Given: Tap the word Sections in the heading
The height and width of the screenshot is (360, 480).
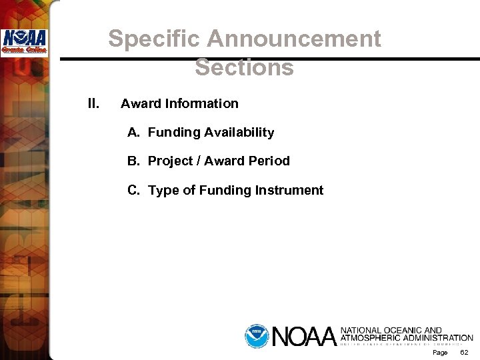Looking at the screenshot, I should [245, 67].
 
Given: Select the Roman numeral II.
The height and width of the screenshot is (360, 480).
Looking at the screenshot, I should [93, 103].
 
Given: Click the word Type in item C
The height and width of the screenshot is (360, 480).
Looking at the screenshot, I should [164, 191].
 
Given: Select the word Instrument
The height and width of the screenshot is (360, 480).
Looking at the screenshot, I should [289, 191].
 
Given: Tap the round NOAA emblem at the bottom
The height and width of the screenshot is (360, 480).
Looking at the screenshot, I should [256, 335].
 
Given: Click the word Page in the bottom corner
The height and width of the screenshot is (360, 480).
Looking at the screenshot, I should [440, 352].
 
